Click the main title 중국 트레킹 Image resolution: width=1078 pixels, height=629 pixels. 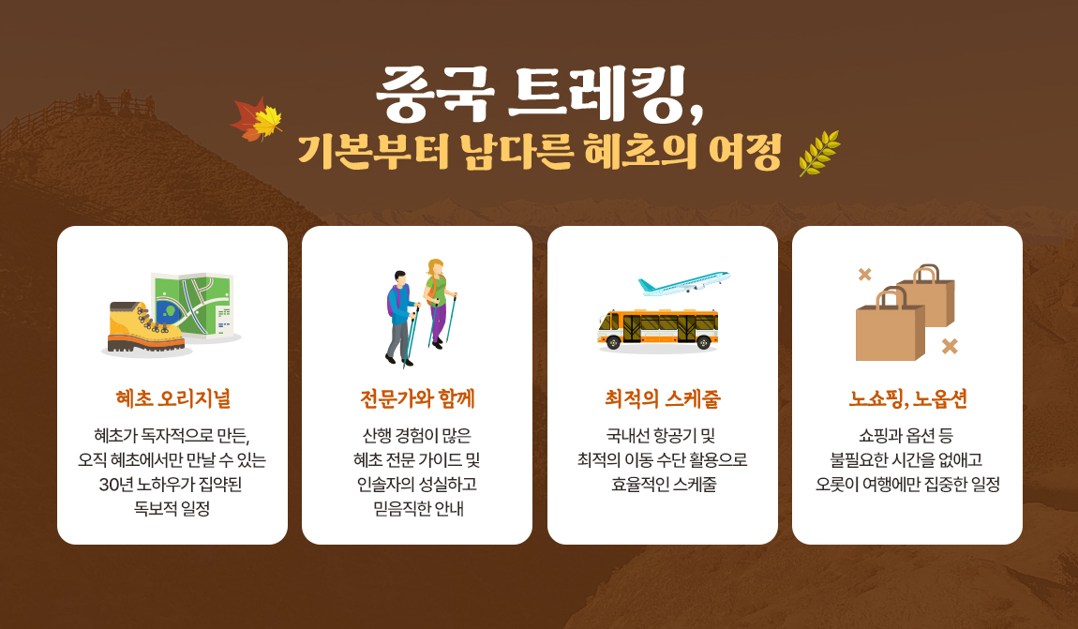click(x=540, y=94)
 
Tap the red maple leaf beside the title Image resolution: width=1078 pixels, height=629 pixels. click(x=247, y=118)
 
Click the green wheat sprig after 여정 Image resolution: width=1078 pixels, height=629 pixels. click(x=819, y=153)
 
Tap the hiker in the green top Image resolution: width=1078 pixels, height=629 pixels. click(x=440, y=303)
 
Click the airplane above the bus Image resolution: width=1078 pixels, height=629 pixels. click(x=684, y=282)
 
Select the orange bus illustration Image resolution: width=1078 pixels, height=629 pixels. click(x=658, y=329)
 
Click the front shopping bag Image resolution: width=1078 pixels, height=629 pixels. click(x=890, y=326)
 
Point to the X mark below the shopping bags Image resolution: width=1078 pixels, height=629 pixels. click(x=950, y=346)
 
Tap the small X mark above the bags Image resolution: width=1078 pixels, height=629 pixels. click(x=865, y=275)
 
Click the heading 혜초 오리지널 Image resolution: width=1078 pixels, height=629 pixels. click(x=172, y=398)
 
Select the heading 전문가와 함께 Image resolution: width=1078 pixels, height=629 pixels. click(x=417, y=398)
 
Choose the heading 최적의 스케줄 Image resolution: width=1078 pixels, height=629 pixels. click(x=663, y=398)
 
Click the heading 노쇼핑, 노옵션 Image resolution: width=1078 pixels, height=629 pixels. click(x=907, y=398)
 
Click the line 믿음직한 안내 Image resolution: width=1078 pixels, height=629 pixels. click(x=418, y=509)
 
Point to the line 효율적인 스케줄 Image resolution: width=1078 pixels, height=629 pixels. click(x=664, y=485)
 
